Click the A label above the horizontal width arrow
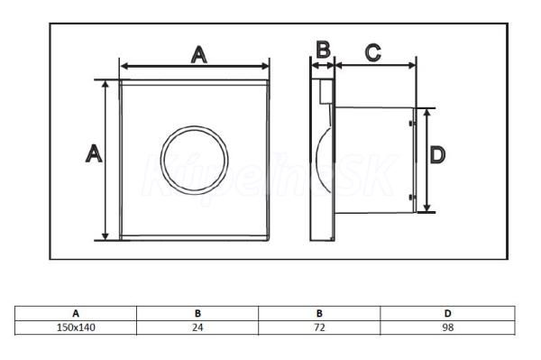tap(199, 55)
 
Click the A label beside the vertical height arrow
tap(94, 153)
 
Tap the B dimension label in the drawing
tap(324, 50)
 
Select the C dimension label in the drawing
tap(373, 53)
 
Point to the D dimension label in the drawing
tap(437, 154)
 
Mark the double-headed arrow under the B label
tap(323, 65)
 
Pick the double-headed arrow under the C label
tap(375, 65)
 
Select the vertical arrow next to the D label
tap(427, 161)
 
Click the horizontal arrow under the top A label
tap(194, 66)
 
